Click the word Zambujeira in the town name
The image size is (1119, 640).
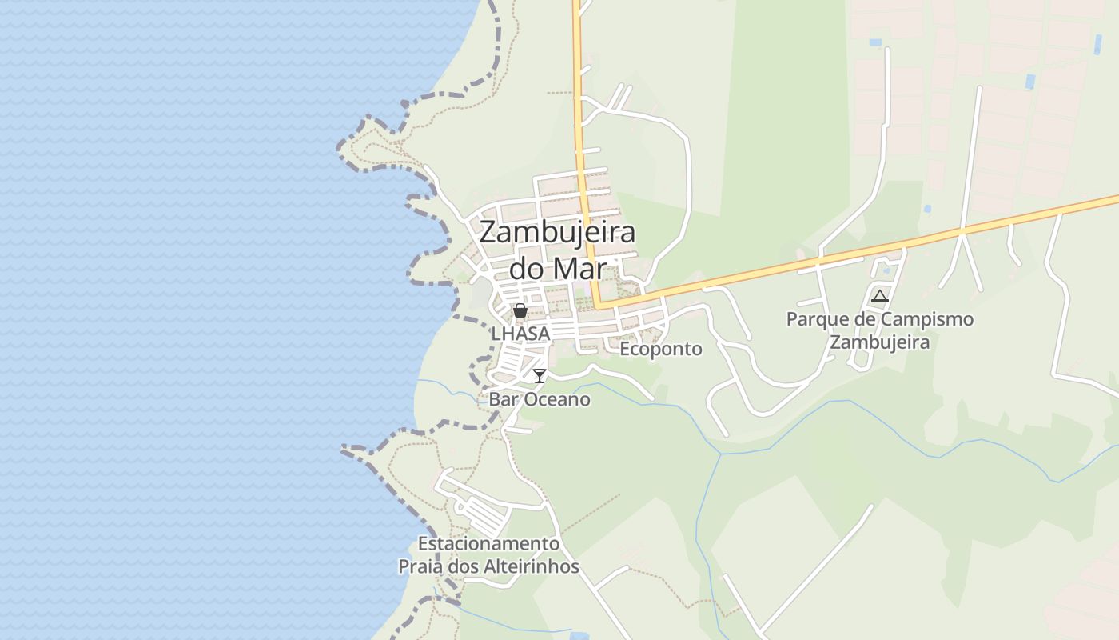tap(557, 233)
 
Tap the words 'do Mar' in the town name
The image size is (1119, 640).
tap(557, 268)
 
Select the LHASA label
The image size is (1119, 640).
tap(520, 334)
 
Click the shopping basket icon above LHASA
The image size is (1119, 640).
tap(520, 310)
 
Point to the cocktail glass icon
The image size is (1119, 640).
tap(540, 375)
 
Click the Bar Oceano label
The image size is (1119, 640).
tap(540, 399)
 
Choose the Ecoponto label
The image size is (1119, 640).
tap(661, 349)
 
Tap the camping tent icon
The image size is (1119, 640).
tap(879, 297)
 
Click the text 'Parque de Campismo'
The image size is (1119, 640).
tap(879, 319)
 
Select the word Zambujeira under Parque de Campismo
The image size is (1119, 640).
tap(879, 342)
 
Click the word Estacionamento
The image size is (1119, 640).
tap(488, 544)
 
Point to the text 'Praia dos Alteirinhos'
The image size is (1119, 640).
tap(488, 567)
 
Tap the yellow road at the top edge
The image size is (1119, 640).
tap(575, 3)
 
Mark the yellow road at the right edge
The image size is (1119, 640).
tap(1114, 197)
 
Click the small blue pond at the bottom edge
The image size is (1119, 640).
tap(579, 636)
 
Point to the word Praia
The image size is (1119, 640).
tap(421, 567)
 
